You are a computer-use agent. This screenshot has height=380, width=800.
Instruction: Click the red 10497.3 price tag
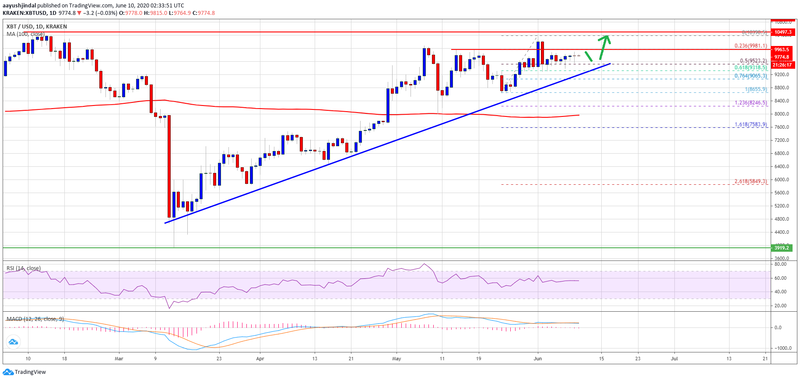tap(782, 32)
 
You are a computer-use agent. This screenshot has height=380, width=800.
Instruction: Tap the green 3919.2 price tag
tap(782, 248)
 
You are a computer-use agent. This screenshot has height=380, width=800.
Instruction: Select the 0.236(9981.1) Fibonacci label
tap(751, 46)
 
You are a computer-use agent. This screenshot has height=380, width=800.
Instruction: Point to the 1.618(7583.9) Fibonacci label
tap(751, 124)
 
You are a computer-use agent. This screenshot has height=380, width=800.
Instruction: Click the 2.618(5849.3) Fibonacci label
tap(751, 181)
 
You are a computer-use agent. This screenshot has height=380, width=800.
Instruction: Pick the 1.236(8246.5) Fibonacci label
tap(751, 103)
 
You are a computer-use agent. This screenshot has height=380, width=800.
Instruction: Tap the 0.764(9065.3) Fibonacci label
tap(751, 76)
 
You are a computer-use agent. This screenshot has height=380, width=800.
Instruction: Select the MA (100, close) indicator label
tap(25, 34)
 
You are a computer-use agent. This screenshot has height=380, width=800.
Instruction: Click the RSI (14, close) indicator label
tap(24, 268)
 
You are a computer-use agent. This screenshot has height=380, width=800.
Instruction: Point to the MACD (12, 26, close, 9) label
tap(35, 319)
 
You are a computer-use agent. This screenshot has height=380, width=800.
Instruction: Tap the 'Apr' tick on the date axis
tap(260, 359)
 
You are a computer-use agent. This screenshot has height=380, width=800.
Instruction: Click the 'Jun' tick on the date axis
tap(538, 359)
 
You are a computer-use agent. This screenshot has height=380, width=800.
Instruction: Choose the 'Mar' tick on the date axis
tap(119, 359)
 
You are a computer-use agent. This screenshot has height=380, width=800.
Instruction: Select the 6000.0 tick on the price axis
tap(782, 179)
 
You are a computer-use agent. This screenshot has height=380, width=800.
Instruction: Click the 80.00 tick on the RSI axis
tap(780, 264)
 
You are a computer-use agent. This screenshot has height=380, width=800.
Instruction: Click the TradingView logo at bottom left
tap(25, 372)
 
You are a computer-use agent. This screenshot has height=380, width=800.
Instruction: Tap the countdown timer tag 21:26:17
tap(782, 65)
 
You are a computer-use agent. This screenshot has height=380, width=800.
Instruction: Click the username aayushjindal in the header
tap(19, 5)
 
